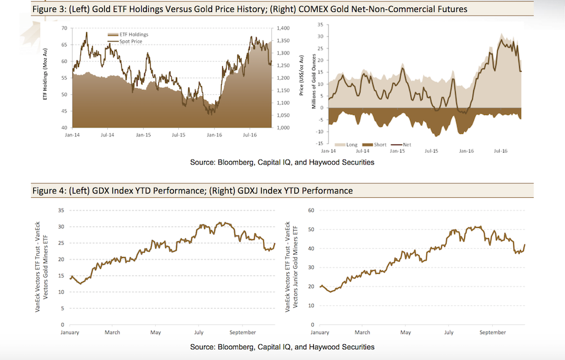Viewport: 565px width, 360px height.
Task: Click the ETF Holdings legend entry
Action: point(131,35)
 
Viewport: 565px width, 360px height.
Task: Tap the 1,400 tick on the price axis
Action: point(284,29)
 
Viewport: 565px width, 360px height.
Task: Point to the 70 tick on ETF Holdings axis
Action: point(65,29)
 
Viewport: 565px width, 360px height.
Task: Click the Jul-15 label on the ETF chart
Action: point(179,134)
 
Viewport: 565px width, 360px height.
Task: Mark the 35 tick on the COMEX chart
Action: point(320,25)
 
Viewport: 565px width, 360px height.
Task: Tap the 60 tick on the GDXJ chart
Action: point(310,210)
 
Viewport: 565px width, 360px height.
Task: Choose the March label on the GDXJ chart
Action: point(363,332)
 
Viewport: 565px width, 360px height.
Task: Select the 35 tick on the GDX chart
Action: point(61,210)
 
